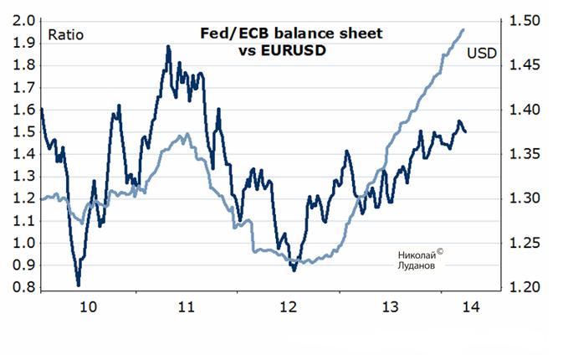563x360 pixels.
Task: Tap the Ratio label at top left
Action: (65, 35)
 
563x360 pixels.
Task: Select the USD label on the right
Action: (481, 54)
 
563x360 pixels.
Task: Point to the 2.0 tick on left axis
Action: (24, 21)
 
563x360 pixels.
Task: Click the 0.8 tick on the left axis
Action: (24, 288)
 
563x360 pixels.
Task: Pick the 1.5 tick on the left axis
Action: (24, 132)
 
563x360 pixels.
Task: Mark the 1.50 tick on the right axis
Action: (520, 21)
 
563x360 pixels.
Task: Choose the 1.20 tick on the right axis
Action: (520, 288)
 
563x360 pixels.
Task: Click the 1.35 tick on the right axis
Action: (520, 155)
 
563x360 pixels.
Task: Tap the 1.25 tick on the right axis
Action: (520, 244)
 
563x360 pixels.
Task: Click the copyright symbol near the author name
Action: (439, 249)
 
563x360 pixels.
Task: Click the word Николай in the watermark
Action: (412, 252)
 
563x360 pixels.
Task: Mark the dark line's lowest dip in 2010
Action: (78, 285)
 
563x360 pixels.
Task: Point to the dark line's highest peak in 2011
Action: (168, 47)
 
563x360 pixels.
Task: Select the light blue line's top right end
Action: (464, 29)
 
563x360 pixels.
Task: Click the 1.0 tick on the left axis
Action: (24, 244)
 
